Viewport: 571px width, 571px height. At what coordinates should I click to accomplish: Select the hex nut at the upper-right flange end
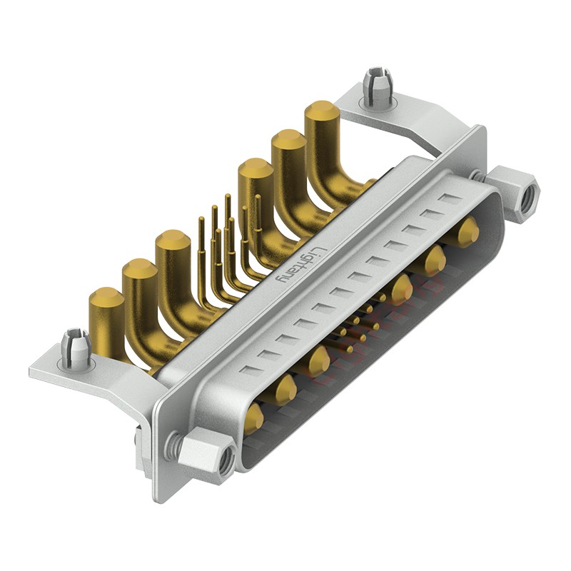512,193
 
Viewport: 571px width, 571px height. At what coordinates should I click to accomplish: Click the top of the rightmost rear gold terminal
323,112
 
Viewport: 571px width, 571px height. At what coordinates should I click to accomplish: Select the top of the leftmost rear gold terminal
106,298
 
